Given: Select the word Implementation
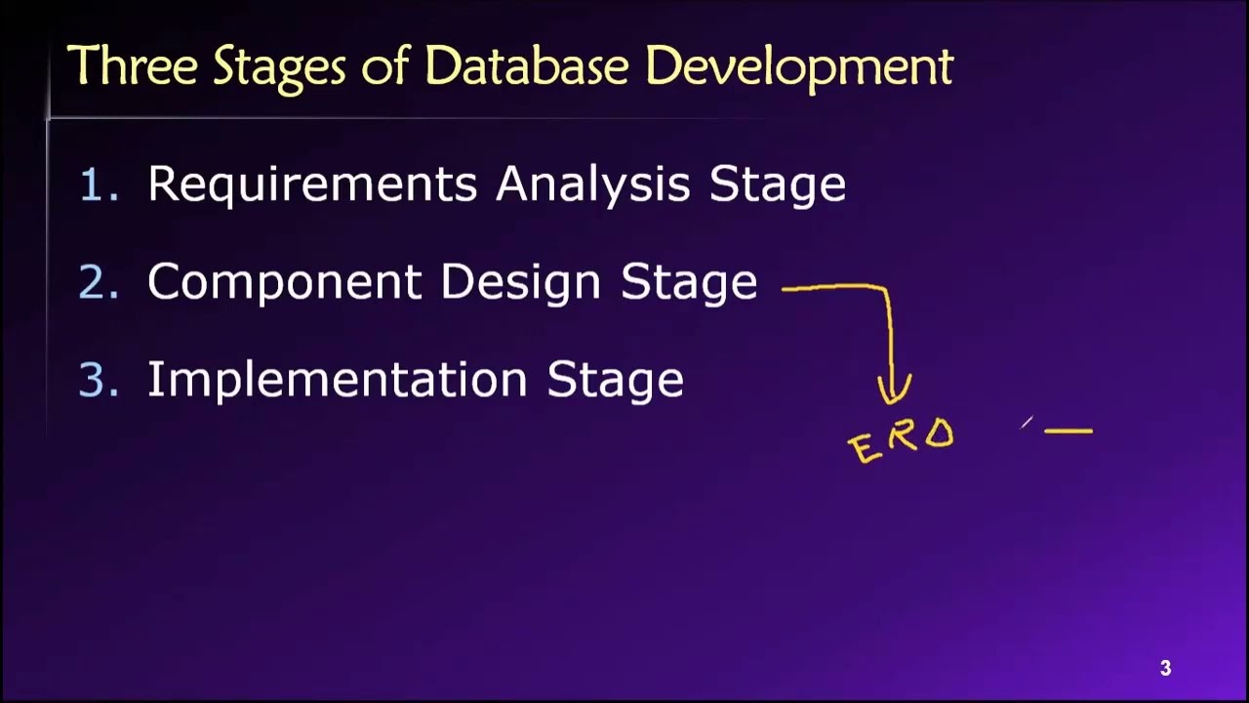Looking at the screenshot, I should pyautogui.click(x=339, y=380).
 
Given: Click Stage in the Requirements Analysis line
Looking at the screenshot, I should pyautogui.click(x=777, y=186).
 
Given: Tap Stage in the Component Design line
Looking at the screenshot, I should pyautogui.click(x=689, y=283).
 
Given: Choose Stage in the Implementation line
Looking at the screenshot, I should pyautogui.click(x=615, y=381).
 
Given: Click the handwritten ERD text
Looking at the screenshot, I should pyautogui.click(x=902, y=441).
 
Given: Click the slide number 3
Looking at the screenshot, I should pyautogui.click(x=1165, y=669).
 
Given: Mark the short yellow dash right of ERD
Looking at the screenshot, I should pyautogui.click(x=1068, y=429).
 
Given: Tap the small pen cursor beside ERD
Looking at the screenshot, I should pyautogui.click(x=1027, y=423).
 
